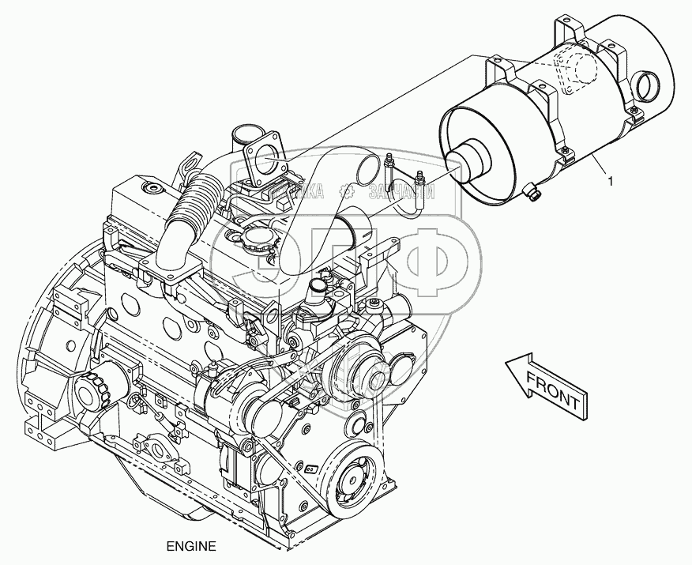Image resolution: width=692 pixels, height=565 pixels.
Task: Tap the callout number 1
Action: pos(611,182)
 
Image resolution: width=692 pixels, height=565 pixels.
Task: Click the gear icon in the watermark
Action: pos(346,190)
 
